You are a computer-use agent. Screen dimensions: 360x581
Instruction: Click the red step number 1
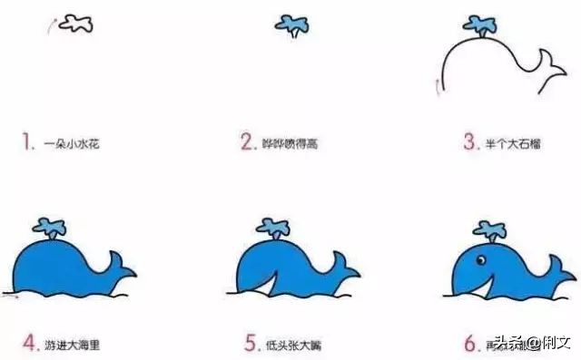28,141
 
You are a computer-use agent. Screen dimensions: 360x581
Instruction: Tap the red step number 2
245,141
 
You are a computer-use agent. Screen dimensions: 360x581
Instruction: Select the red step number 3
469,141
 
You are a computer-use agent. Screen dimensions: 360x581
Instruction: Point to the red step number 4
28,344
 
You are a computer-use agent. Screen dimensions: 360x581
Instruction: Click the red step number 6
469,344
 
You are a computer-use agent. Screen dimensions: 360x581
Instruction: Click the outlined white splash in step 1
74,24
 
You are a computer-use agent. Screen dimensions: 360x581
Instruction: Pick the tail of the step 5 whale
342,266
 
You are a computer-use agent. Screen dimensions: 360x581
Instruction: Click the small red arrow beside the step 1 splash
51,24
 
